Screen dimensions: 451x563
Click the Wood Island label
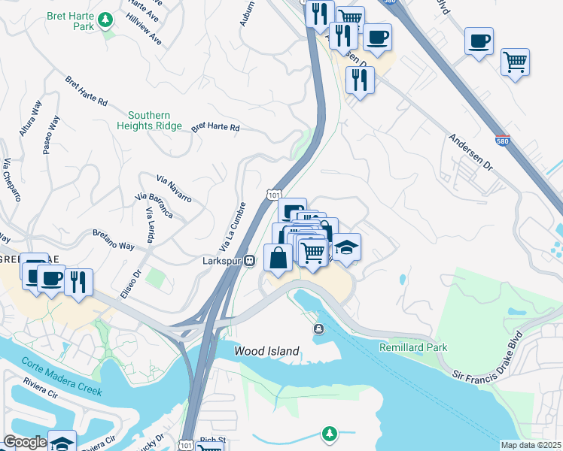tap(266, 351)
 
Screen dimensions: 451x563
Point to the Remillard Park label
tap(412, 347)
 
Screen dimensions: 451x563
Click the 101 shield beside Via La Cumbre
tap(273, 195)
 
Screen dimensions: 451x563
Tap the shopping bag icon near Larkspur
tap(278, 258)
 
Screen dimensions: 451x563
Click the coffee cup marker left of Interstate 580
tap(377, 37)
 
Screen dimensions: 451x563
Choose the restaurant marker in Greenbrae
tap(78, 282)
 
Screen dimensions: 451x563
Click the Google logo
tap(25, 442)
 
